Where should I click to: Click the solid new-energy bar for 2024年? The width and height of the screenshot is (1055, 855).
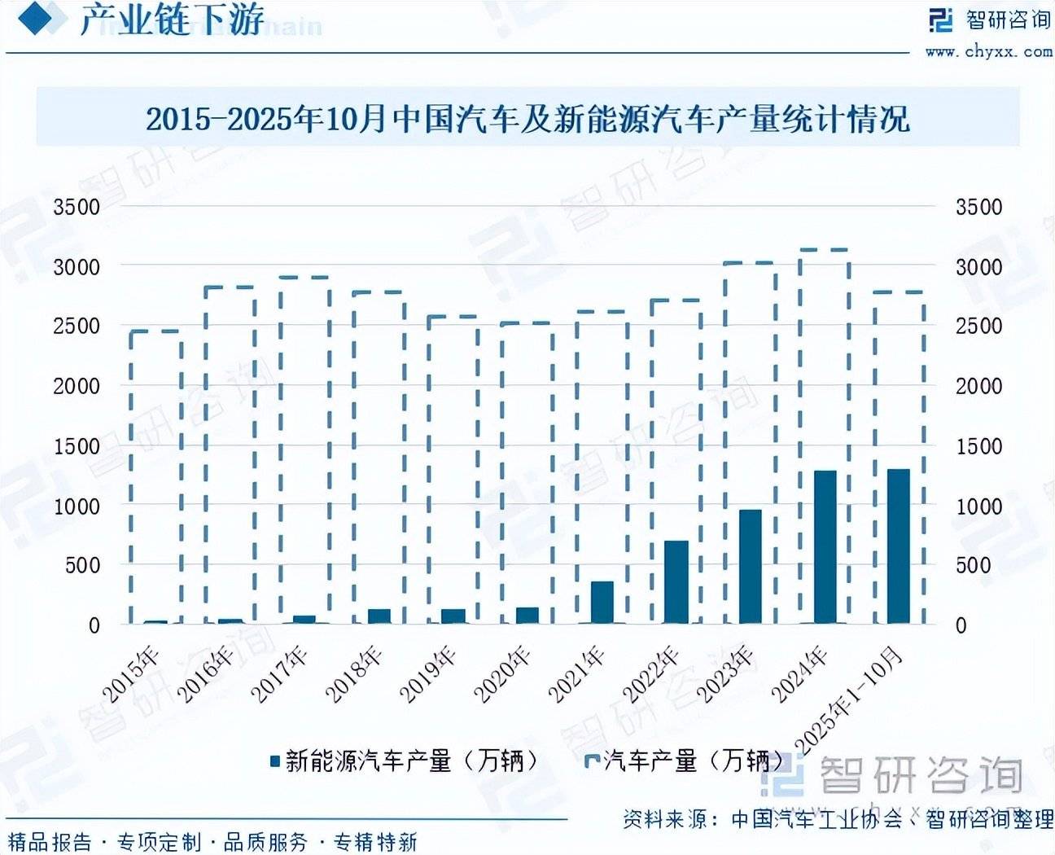click(x=825, y=547)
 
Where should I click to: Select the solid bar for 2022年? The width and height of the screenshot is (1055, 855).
click(x=676, y=582)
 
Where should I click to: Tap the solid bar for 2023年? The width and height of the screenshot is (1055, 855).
click(x=750, y=567)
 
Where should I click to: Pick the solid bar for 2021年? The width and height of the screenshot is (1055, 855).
click(x=602, y=603)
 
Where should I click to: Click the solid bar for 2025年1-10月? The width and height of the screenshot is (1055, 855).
click(x=898, y=546)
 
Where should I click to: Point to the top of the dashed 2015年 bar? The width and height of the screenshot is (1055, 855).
click(x=155, y=331)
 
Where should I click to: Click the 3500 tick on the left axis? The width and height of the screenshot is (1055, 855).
click(x=77, y=207)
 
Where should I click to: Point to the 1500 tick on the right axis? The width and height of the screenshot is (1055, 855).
click(x=978, y=446)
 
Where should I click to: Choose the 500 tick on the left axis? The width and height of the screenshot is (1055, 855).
click(x=82, y=565)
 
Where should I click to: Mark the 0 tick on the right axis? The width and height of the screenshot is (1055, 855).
click(x=961, y=625)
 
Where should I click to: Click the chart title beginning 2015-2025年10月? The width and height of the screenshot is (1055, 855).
click(x=527, y=120)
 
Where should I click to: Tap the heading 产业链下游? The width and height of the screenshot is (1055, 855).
click(x=172, y=20)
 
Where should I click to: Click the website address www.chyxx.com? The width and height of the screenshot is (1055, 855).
click(x=988, y=51)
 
